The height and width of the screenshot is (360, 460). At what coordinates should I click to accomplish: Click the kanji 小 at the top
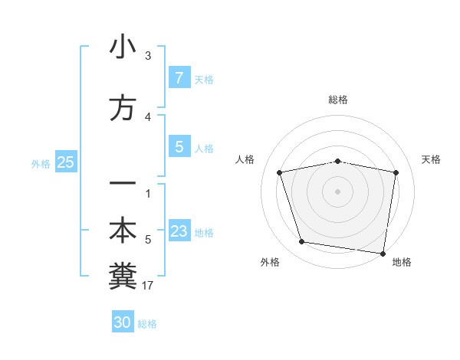[123, 47]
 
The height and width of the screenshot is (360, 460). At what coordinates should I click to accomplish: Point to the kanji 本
[123, 231]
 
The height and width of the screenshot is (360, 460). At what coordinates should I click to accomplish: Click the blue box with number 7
[179, 78]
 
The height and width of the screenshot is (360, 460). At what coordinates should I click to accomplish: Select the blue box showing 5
[179, 147]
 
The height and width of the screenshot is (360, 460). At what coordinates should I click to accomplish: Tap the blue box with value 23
[179, 231]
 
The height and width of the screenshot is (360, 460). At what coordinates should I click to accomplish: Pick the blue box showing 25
[65, 162]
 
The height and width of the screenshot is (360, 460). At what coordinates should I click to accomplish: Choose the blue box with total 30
[123, 322]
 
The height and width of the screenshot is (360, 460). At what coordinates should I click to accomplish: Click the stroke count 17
[148, 286]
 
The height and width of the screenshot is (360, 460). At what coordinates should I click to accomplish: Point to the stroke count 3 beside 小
[148, 56]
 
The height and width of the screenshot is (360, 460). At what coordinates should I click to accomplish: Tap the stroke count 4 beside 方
[148, 117]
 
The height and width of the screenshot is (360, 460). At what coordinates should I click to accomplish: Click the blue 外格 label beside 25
[41, 163]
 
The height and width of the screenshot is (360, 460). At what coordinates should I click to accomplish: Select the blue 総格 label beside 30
[147, 323]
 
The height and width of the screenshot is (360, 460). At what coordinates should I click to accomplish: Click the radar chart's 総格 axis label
[338, 100]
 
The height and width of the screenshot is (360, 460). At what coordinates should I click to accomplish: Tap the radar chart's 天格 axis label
[432, 159]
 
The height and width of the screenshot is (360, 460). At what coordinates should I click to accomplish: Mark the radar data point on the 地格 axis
[383, 253]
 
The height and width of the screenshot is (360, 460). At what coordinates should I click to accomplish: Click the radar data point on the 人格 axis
[281, 172]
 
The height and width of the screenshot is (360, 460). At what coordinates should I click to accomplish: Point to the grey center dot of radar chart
[338, 191]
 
